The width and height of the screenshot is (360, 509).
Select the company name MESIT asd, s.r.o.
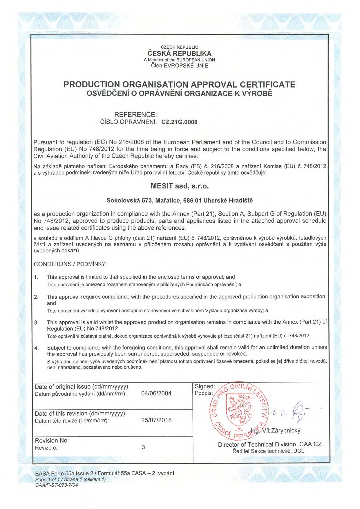[180, 186]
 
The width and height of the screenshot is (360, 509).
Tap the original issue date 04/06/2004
[156, 394]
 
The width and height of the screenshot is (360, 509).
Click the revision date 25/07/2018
[156, 420]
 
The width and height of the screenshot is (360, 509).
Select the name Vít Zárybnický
[281, 430]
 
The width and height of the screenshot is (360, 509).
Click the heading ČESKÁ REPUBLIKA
[180, 54]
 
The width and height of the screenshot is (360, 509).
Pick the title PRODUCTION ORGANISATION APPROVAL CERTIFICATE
[180, 85]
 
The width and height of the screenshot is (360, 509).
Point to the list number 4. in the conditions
[37, 348]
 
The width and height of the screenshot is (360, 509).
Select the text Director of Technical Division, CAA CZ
[270, 445]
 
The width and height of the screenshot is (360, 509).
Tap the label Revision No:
[52, 441]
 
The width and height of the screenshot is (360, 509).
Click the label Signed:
[205, 387]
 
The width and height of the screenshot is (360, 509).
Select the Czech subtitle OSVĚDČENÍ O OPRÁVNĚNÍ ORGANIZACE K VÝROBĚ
[180, 94]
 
